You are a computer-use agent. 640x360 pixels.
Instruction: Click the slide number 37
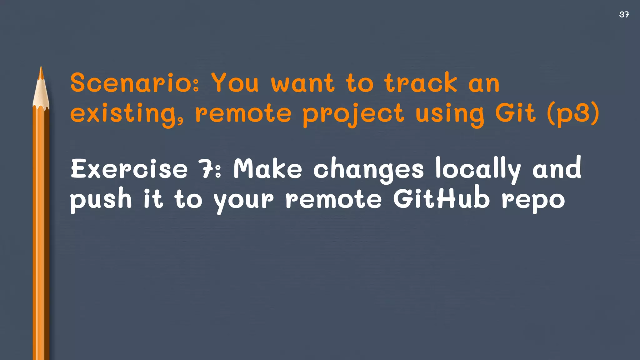click(624, 14)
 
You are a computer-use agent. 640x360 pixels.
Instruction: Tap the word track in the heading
click(421, 83)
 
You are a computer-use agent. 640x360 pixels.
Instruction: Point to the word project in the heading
click(353, 114)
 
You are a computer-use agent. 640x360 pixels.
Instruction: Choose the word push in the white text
click(101, 200)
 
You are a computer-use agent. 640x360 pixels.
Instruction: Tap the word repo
click(533, 201)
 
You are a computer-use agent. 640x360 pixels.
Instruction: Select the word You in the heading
click(235, 83)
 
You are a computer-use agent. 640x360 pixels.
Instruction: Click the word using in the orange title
click(450, 114)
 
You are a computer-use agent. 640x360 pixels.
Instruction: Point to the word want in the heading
click(302, 83)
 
